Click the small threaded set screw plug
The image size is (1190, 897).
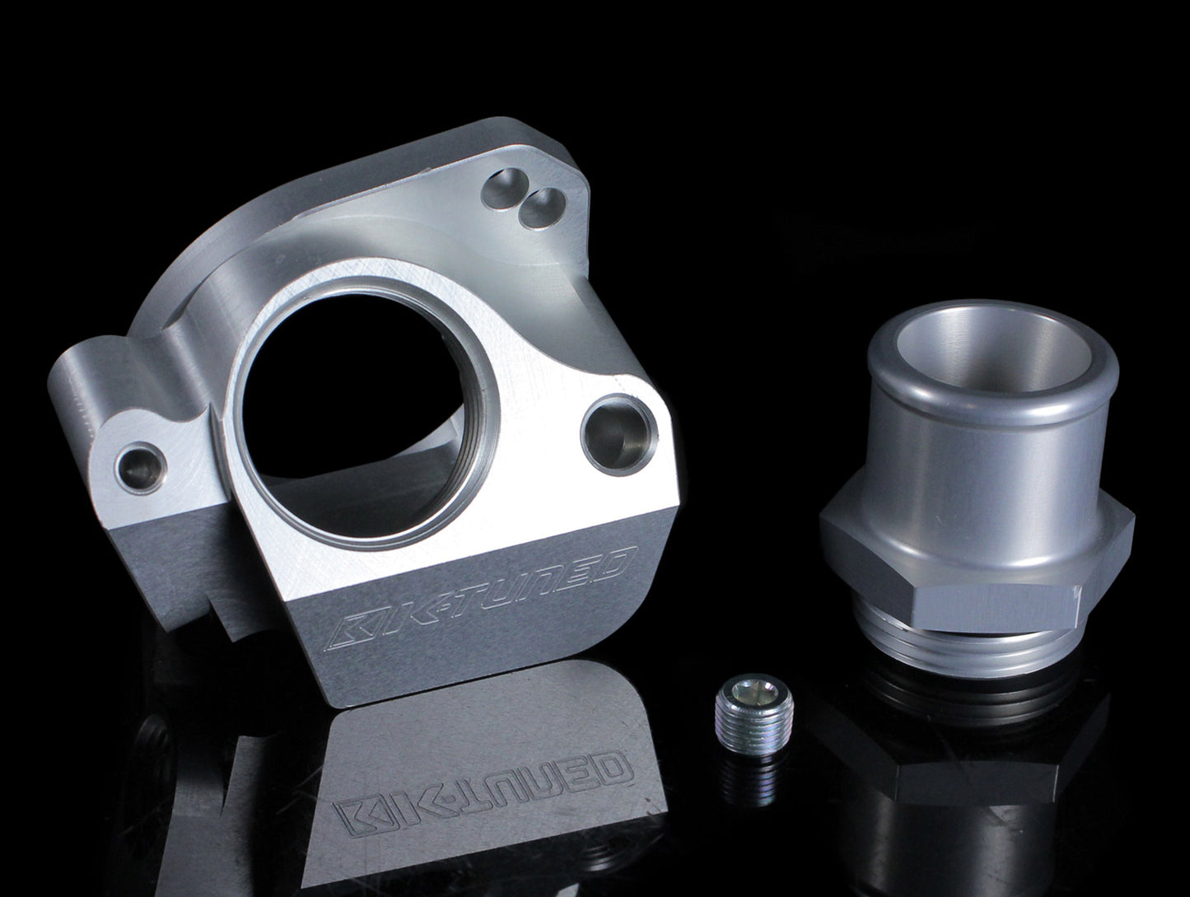coord(754,709)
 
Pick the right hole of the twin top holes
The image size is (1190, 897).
coord(542,207)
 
